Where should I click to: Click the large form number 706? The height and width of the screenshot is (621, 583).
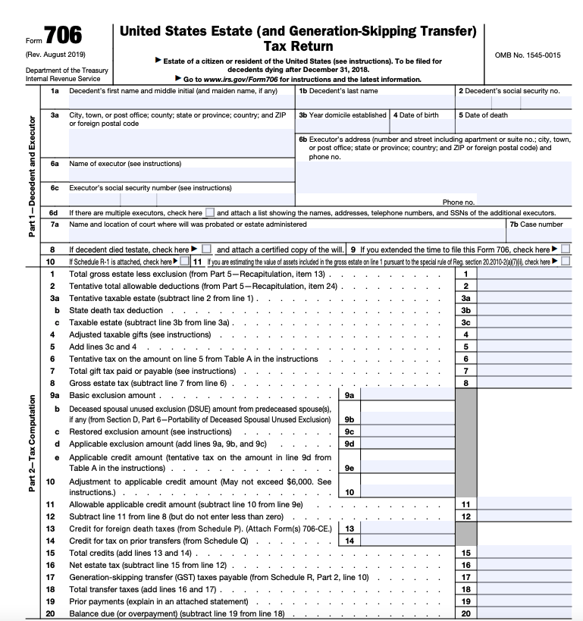[64, 36]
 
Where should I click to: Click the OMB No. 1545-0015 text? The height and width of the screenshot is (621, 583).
[527, 55]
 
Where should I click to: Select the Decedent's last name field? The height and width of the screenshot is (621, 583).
[375, 102]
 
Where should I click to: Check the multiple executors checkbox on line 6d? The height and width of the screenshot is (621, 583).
[210, 213]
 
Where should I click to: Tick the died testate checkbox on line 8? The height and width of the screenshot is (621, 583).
[205, 249]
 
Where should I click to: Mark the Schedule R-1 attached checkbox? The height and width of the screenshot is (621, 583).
[185, 262]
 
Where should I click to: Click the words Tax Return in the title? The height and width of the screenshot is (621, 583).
[298, 46]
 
